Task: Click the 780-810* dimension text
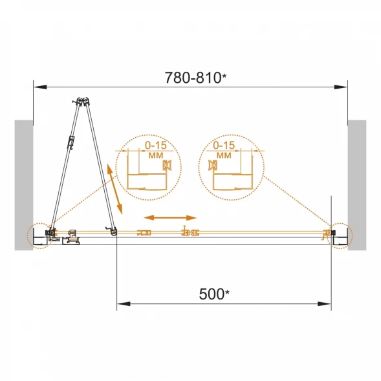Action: [x=195, y=78]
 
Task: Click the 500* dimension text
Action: [x=214, y=294]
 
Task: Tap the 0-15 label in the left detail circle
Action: [x=156, y=146]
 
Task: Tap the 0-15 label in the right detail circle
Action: [x=224, y=146]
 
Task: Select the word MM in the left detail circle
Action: [x=156, y=155]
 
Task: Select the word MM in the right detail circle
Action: [x=224, y=155]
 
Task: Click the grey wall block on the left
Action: [x=24, y=185]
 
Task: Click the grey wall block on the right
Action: [x=357, y=185]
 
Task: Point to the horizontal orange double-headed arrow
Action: [x=170, y=217]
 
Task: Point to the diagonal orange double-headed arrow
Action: [x=114, y=189]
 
